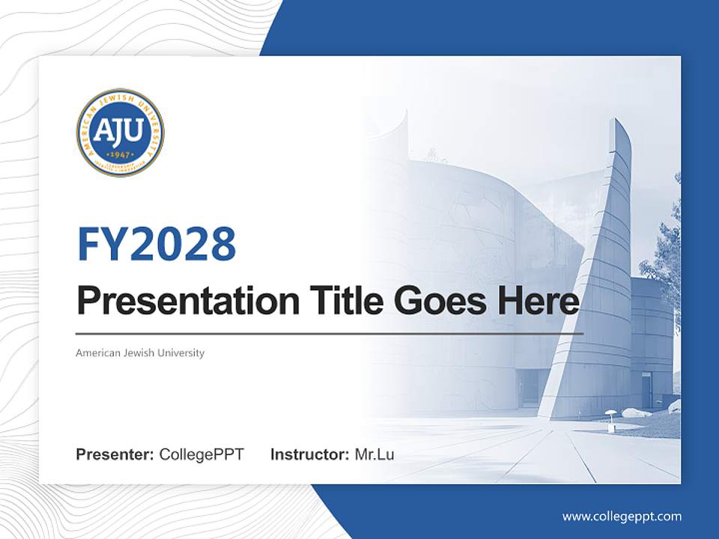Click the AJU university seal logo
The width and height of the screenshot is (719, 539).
pyautogui.click(x=120, y=133)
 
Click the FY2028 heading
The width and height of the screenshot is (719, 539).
pyautogui.click(x=157, y=243)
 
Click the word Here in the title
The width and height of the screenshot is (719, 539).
pyautogui.click(x=535, y=301)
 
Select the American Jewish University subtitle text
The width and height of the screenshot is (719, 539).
pyautogui.click(x=140, y=353)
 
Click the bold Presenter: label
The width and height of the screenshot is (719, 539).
pyautogui.click(x=115, y=454)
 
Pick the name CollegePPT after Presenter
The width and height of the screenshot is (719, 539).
pyautogui.click(x=201, y=454)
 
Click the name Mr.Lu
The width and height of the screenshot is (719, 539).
pyautogui.click(x=374, y=454)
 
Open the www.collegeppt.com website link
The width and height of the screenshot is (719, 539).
pyautogui.click(x=622, y=516)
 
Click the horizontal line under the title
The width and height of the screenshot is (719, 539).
pyautogui.click(x=330, y=334)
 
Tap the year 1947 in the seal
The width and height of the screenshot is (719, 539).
pyautogui.click(x=120, y=154)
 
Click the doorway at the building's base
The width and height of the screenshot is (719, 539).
pyautogui.click(x=530, y=389)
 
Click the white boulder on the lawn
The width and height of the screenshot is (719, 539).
pyautogui.click(x=637, y=412)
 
